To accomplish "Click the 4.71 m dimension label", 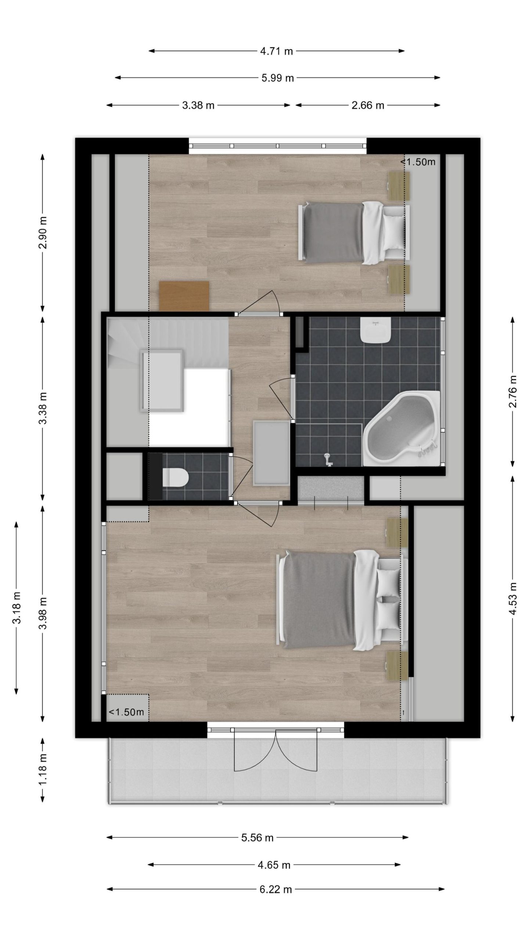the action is pos(276,51).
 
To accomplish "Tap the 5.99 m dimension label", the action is pos(277,78).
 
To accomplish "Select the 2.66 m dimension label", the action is pos(368,105).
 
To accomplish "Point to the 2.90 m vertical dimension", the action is pos(43,232).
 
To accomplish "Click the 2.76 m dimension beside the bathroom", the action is pos(513,391).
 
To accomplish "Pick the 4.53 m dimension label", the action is pos(513,604).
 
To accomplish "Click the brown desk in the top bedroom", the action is pos(184,296).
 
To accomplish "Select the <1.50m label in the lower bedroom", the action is pos(126,712).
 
